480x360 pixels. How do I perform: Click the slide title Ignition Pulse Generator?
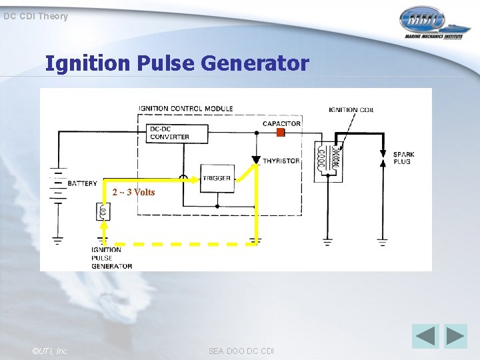pyautogui.click(x=177, y=63)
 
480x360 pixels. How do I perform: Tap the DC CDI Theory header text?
pyautogui.click(x=35, y=16)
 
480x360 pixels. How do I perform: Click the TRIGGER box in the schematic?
pyautogui.click(x=217, y=178)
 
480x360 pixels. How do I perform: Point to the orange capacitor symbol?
pyautogui.click(x=280, y=133)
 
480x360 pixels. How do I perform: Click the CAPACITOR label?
pyautogui.click(x=281, y=123)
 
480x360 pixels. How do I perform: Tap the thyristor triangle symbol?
pyautogui.click(x=256, y=160)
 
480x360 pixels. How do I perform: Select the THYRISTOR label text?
pyautogui.click(x=281, y=161)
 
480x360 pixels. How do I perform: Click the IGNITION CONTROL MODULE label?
pyautogui.click(x=185, y=108)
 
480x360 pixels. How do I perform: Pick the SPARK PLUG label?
pyautogui.click(x=403, y=159)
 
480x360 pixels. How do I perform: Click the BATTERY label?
pyautogui.click(x=82, y=183)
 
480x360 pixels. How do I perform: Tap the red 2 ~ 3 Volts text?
pyautogui.click(x=133, y=193)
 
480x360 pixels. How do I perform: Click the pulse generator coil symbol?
pyautogui.click(x=103, y=211)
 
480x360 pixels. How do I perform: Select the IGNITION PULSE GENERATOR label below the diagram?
pyautogui.click(x=111, y=258)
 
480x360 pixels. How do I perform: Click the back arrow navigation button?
pyautogui.click(x=425, y=336)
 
